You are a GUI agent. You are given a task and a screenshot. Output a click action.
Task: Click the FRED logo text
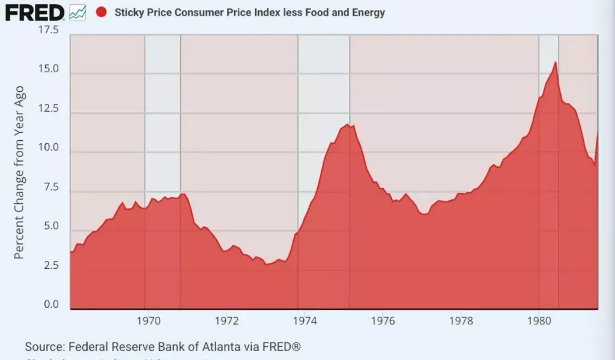point(35,12)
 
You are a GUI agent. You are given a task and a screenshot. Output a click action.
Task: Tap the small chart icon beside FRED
point(77,12)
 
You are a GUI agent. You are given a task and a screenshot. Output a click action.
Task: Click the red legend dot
point(101,12)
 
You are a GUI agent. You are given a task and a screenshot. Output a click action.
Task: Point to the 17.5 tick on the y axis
point(48,30)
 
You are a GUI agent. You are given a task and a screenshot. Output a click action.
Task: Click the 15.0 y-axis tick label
point(48,69)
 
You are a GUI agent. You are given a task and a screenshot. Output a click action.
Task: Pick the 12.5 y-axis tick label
point(48,109)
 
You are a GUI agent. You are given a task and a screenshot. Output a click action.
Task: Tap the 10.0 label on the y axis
point(48,148)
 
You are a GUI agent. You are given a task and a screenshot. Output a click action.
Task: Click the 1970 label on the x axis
point(148,321)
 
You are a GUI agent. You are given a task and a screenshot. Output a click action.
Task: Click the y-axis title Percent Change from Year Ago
point(19,172)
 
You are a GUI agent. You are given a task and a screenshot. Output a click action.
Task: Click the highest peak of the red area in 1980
point(555,63)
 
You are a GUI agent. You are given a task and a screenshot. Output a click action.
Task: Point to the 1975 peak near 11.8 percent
point(347,124)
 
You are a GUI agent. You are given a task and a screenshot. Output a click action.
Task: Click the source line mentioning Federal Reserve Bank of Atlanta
point(162,347)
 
